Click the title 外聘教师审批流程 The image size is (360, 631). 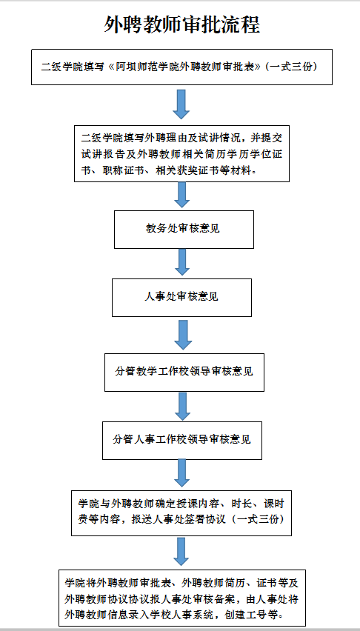coord(182,25)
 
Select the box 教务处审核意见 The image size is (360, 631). coord(184,230)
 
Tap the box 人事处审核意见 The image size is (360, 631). coord(181,298)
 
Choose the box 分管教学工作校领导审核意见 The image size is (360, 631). coord(184,373)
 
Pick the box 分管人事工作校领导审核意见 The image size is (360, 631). coord(182,440)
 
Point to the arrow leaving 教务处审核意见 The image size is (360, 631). coord(181,262)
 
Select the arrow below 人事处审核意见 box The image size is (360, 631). coord(183,335)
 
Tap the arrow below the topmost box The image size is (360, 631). coord(181,104)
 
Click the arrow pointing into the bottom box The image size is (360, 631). coord(181,552)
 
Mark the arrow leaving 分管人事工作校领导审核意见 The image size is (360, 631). coord(181,473)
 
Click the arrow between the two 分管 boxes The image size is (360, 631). coord(183,406)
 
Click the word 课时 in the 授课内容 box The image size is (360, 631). coord(275,504)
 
